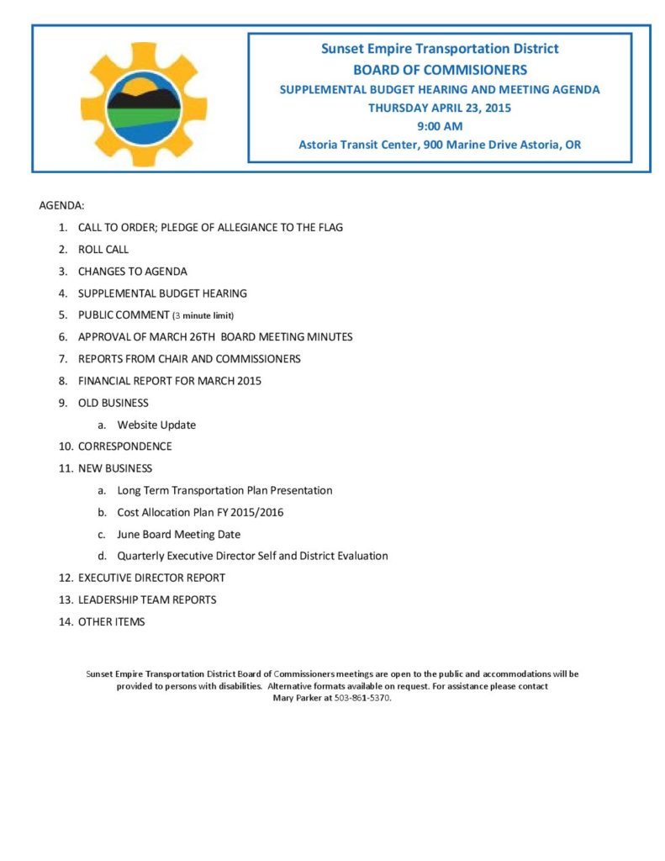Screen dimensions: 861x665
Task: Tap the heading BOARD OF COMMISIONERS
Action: click(440, 70)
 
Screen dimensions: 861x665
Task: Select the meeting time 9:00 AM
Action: click(440, 126)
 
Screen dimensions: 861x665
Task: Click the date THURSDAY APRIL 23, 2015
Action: click(440, 108)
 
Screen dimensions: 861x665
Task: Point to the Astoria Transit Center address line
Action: click(440, 145)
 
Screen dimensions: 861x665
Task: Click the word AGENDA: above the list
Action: click(61, 205)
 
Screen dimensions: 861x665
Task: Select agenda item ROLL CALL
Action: click(103, 250)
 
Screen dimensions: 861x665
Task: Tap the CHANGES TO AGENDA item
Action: click(133, 272)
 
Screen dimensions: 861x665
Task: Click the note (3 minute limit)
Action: click(203, 316)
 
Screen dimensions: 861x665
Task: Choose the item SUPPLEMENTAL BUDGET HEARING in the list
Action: click(162, 293)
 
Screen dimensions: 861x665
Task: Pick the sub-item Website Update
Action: click(156, 425)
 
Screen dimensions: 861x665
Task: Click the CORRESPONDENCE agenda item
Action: click(124, 446)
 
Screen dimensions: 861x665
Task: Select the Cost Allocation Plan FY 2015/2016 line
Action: click(200, 512)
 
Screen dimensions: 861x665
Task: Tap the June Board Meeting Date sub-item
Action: click(178, 534)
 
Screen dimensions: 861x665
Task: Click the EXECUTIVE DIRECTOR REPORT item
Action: click(151, 578)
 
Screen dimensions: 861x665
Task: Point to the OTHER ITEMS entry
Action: click(111, 621)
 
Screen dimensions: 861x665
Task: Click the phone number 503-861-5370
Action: click(362, 699)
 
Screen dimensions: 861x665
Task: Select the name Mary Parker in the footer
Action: click(297, 699)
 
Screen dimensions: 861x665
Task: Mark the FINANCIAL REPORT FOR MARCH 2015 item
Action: click(169, 381)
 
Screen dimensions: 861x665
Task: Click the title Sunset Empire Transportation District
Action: click(440, 49)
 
